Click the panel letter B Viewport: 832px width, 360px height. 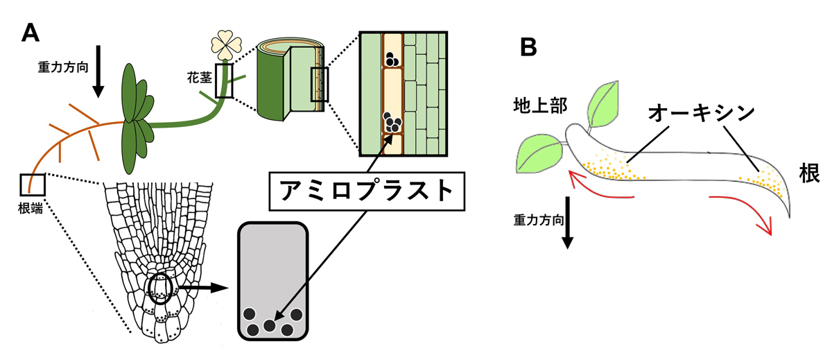click(528, 47)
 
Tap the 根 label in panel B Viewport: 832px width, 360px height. click(808, 173)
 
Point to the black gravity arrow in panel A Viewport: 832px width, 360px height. click(97, 71)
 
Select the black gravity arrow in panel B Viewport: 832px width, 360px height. click(567, 222)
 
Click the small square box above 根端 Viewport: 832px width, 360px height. click(33, 185)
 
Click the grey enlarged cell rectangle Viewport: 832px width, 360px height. click(272, 281)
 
